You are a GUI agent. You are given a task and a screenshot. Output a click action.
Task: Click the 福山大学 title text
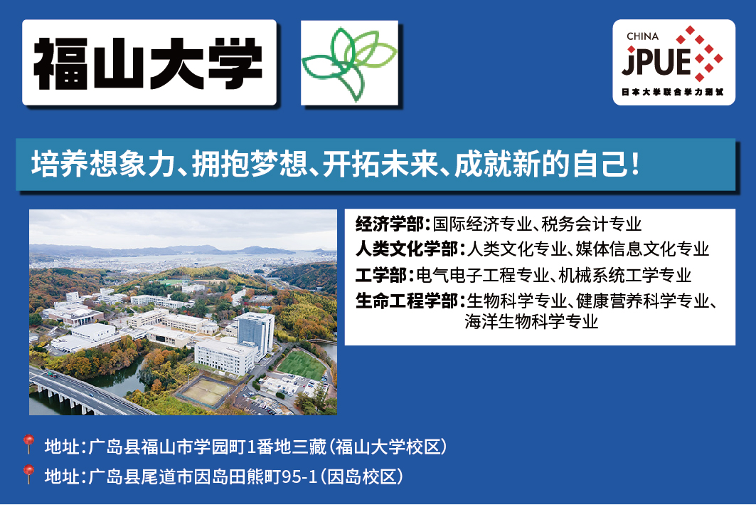click(149, 63)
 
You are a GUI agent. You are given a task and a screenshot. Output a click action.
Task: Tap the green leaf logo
click(350, 63)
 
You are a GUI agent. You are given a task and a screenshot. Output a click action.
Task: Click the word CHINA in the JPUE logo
click(642, 36)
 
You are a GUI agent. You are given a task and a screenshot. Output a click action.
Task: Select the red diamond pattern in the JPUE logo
click(700, 54)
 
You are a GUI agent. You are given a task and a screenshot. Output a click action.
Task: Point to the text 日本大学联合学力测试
click(672, 92)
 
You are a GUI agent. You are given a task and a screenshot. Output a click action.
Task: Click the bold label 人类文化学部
click(406, 249)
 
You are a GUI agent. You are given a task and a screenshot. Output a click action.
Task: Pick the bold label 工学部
click(381, 275)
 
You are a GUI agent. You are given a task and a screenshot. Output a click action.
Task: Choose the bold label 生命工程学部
click(406, 301)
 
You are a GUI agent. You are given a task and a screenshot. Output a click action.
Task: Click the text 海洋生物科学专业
click(531, 321)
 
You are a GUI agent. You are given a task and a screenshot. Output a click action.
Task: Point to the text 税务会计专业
click(592, 224)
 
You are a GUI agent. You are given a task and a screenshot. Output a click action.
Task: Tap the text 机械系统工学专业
click(625, 275)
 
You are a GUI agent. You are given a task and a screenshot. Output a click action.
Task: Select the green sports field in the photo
click(302, 365)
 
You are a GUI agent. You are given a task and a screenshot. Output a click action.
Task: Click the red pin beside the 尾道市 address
click(28, 474)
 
